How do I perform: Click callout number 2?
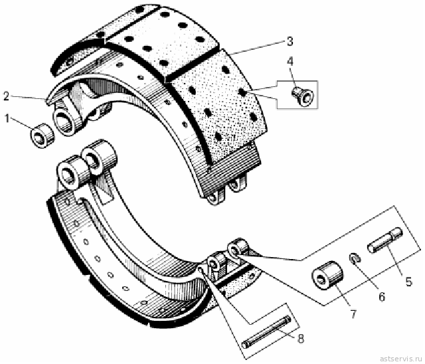click(x=7, y=96)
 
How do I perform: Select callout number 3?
click(x=290, y=41)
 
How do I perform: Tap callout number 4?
click(x=290, y=62)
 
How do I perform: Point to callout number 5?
click(x=408, y=282)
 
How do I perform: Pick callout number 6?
click(x=382, y=297)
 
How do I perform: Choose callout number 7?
click(x=353, y=314)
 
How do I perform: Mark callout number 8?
click(x=300, y=338)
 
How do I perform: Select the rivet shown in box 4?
click(x=302, y=95)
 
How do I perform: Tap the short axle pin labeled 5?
click(x=385, y=240)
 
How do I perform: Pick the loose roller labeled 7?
click(x=328, y=275)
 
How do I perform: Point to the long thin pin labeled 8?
click(x=266, y=332)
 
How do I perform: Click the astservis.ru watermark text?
click(x=401, y=359)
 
